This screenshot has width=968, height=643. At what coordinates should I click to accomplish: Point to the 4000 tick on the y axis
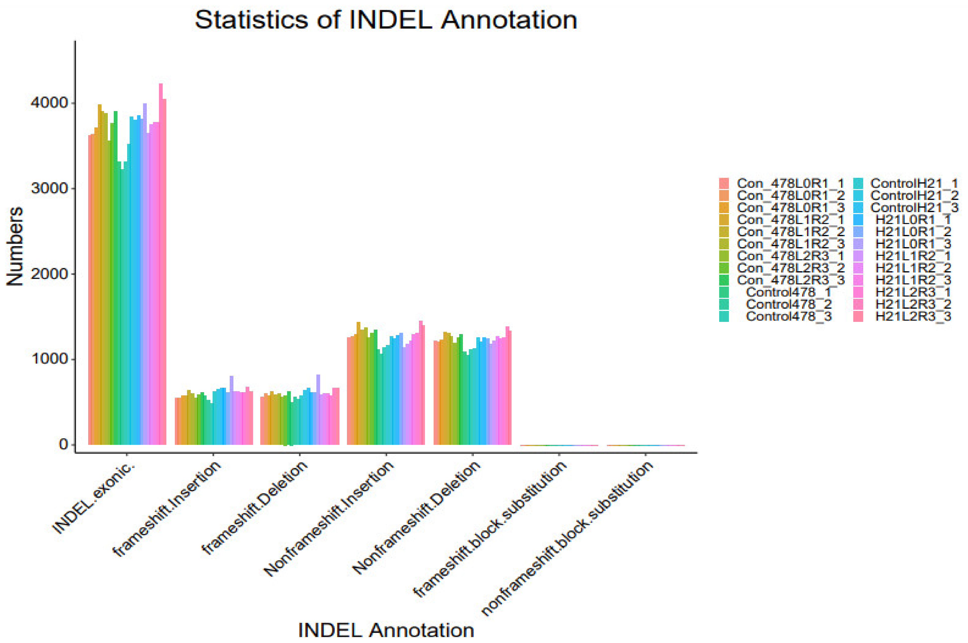click(49, 103)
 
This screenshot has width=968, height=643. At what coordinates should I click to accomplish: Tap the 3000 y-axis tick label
click(49, 188)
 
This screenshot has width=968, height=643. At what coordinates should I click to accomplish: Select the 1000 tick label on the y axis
click(49, 359)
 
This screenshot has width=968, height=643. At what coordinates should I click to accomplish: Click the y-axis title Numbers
click(15, 246)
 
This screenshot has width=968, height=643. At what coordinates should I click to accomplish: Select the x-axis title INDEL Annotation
click(386, 630)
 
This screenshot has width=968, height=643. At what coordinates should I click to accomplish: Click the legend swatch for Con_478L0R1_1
click(724, 183)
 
